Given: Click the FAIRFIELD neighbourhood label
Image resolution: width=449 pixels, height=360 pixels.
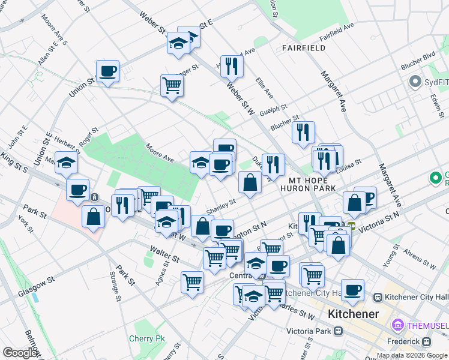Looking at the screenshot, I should (x=304, y=48).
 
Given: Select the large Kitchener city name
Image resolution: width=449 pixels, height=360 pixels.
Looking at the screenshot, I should (x=353, y=314).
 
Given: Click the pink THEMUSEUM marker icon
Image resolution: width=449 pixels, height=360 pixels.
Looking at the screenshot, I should (x=397, y=325).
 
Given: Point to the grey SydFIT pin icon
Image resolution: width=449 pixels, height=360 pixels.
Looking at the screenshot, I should (x=414, y=81).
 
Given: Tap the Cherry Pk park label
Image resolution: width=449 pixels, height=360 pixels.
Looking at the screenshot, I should (x=146, y=338).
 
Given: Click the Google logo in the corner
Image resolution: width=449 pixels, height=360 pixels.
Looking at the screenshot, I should (x=20, y=353).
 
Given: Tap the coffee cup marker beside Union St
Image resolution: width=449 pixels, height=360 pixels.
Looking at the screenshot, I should (x=107, y=71).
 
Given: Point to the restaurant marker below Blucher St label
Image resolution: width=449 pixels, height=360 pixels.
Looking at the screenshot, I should (x=303, y=131).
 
